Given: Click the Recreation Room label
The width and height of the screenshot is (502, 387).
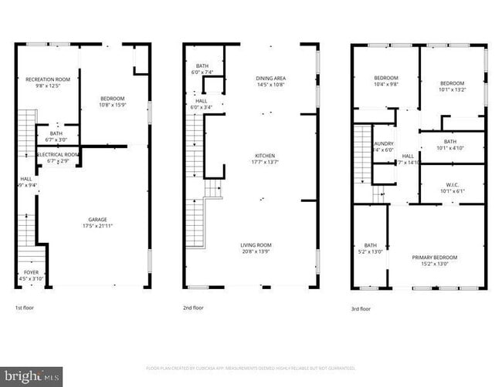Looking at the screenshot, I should point(48,79).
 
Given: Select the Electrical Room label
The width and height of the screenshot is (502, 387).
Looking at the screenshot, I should point(58,154).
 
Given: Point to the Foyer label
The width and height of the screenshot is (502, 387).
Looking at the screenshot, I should point(32,271).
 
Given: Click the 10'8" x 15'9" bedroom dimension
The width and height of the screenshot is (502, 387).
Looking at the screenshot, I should point(113,105).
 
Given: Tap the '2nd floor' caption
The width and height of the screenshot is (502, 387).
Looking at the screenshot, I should point(193,308).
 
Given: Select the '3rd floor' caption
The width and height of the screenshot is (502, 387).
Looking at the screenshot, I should point(361,308).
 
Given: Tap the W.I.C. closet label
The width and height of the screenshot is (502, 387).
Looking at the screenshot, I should point(453,183).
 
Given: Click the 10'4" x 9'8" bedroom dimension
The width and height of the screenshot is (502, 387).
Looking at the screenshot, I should point(386,85).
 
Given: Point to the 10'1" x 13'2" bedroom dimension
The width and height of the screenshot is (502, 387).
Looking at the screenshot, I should point(452,89).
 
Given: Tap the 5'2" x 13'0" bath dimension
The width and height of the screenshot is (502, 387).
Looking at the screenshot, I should point(371,251).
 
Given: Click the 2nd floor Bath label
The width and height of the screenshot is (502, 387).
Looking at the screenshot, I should point(202,66).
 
